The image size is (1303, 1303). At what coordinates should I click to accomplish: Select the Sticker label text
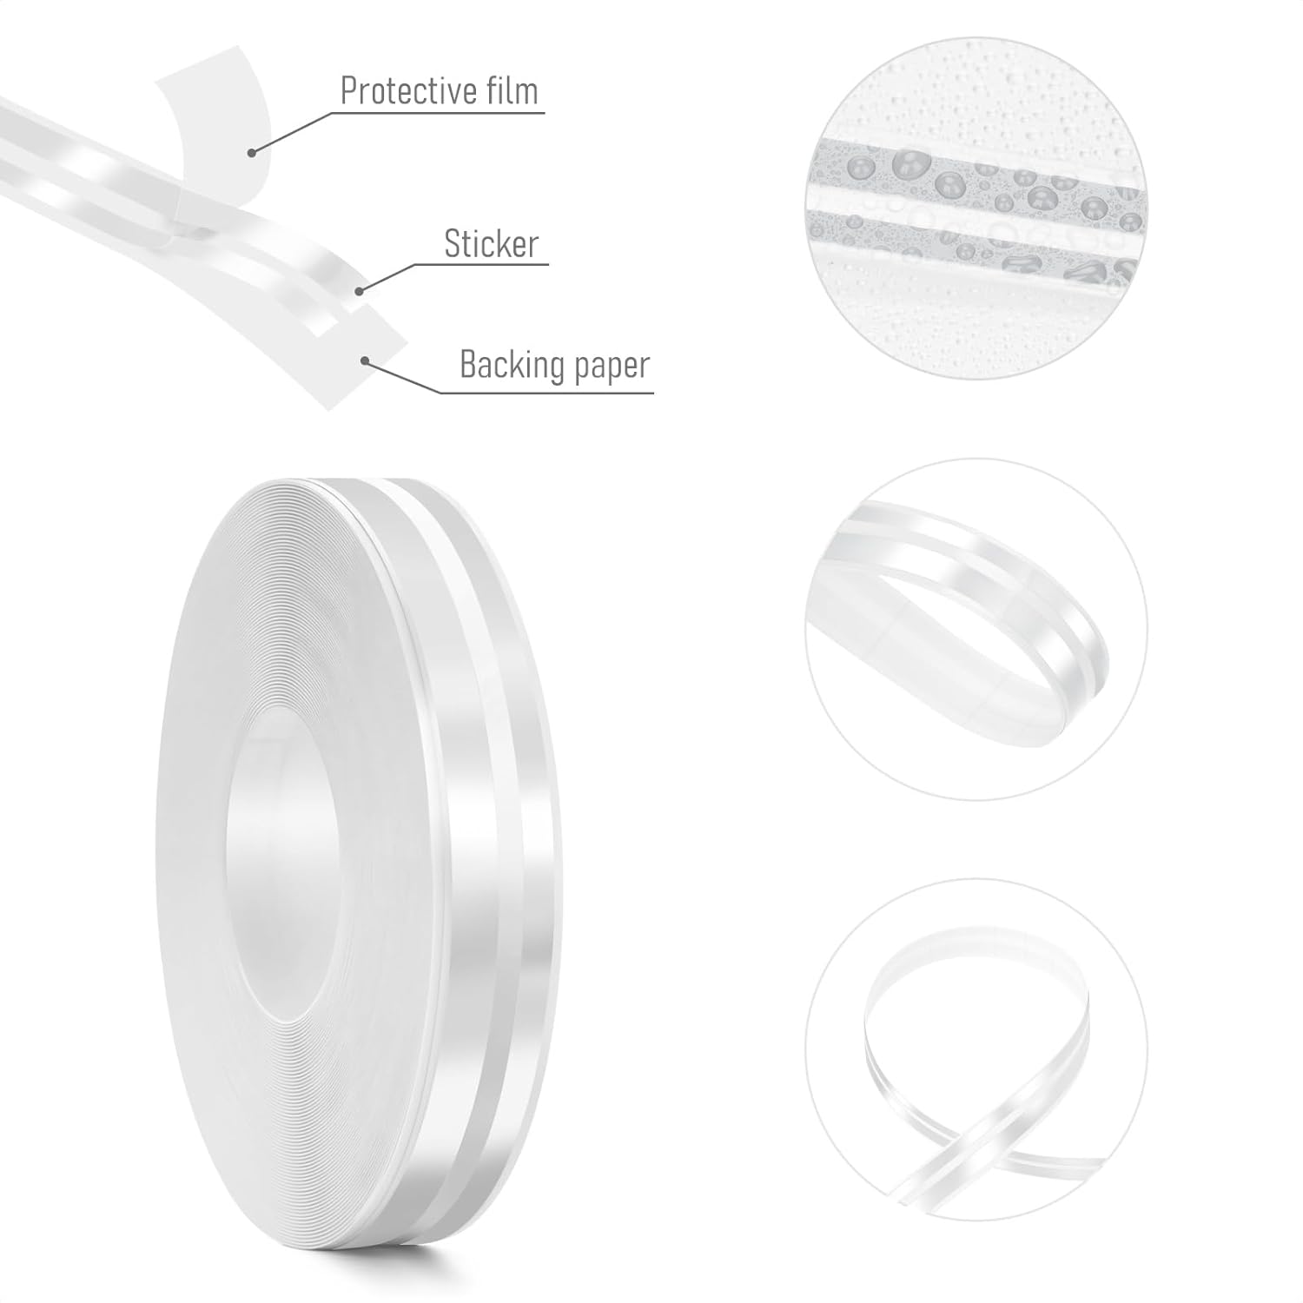492,244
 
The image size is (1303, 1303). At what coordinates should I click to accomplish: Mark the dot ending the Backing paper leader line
366,360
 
